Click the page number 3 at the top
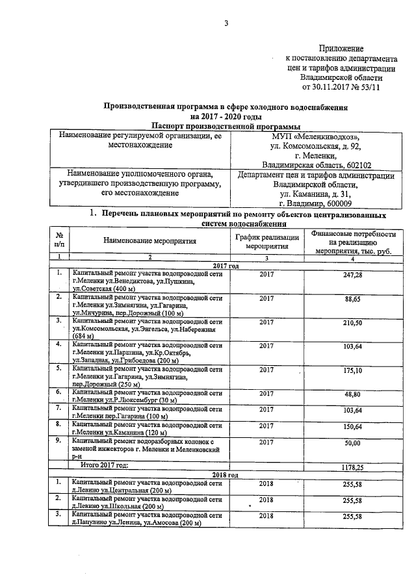(x=226, y=24)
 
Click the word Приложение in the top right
(x=341, y=49)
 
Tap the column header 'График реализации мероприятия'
(x=266, y=242)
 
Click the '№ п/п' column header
(x=59, y=241)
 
